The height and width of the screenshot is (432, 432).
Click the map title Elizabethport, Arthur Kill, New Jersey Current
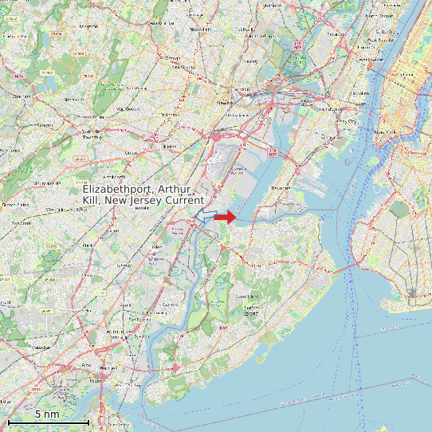pos(143,194)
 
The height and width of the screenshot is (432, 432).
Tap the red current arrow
pos(226,217)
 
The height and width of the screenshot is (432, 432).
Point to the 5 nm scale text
pos(47,414)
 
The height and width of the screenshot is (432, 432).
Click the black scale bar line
pos(49,422)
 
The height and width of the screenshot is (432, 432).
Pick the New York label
pos(385,132)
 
